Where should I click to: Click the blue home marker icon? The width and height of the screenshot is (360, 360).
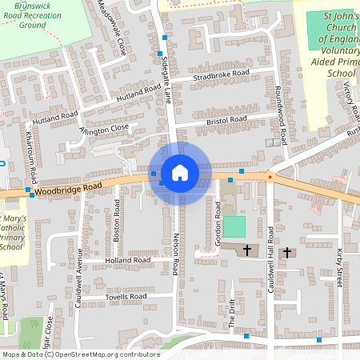point(180,173)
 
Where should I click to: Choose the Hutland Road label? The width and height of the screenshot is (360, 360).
point(120,95)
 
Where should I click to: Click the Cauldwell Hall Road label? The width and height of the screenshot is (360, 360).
point(271,258)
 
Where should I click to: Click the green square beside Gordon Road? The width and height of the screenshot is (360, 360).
point(234,226)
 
